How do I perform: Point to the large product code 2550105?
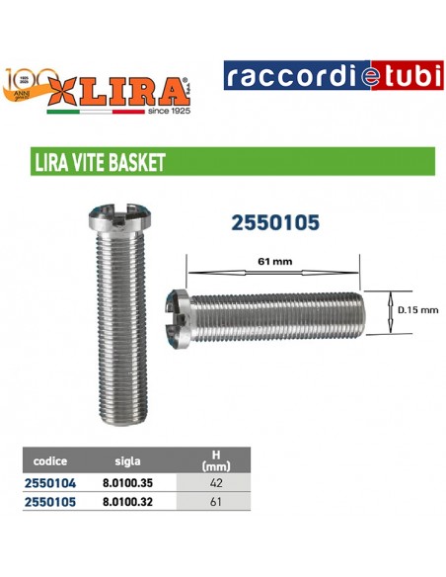274,223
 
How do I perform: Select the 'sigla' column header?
128,460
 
